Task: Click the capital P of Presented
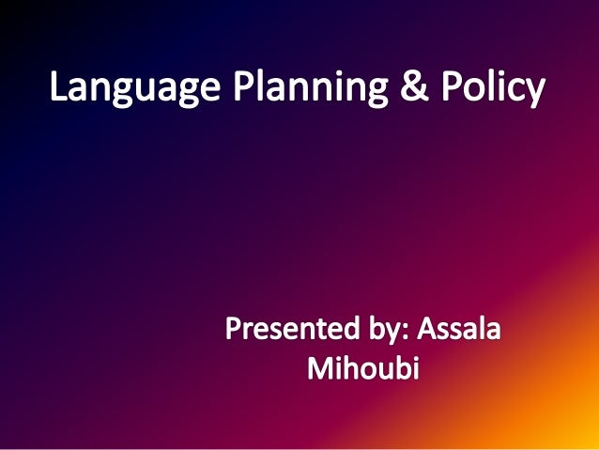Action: (234, 332)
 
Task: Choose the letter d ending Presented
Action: (335, 332)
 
